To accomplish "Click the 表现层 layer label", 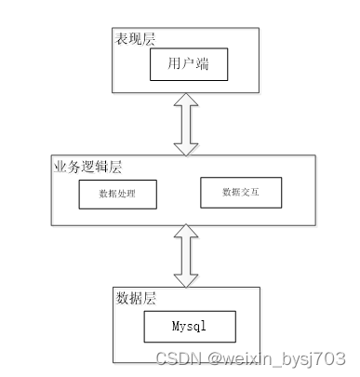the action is tap(135, 39).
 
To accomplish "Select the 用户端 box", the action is tap(189, 64).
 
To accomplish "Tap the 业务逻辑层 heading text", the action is tap(87, 167).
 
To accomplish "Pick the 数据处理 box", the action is tap(118, 195).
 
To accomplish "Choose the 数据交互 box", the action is tap(241, 193).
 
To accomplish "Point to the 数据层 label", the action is tap(136, 298).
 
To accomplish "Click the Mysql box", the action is tap(190, 327).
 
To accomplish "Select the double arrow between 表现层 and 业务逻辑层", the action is tap(186, 124).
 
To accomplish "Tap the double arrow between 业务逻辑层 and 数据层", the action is tap(186, 256).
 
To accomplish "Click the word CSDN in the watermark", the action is tap(178, 358).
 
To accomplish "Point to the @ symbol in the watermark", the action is tap(215, 358).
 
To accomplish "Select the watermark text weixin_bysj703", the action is tap(285, 359).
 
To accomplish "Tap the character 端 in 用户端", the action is tap(203, 63).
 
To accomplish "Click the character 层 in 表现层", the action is tap(149, 39).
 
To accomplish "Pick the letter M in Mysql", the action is tap(176, 326).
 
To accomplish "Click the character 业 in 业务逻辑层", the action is tap(60, 167).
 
